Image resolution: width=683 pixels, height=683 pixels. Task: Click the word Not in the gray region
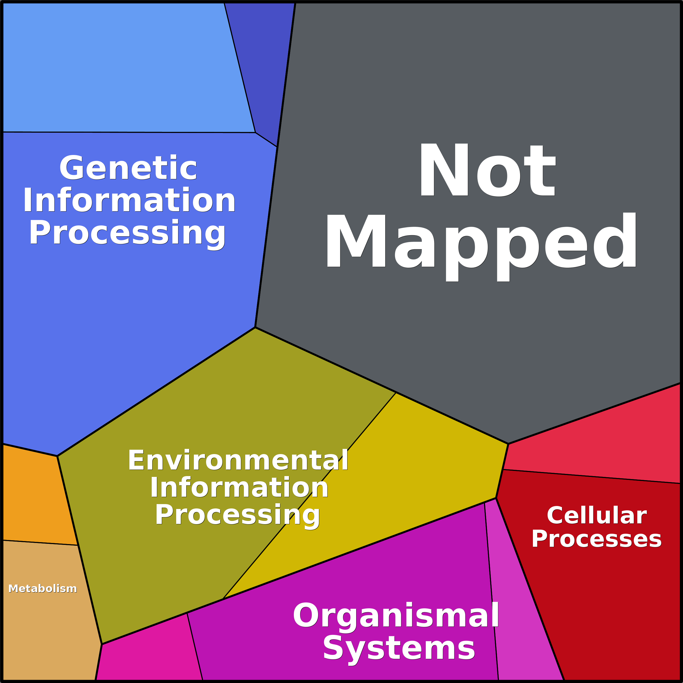(x=487, y=170)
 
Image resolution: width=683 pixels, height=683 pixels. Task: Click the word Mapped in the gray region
(x=481, y=242)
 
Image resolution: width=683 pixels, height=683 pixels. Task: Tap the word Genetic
(x=128, y=168)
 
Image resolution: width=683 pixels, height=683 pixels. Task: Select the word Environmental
(x=238, y=460)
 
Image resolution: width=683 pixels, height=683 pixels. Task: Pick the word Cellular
(x=597, y=516)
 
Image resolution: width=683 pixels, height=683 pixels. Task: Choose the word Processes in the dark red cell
(x=596, y=539)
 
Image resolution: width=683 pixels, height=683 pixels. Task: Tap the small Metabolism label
(x=42, y=589)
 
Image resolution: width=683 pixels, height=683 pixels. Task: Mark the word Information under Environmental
(x=239, y=488)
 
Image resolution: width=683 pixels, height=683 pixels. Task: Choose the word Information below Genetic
(x=129, y=200)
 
